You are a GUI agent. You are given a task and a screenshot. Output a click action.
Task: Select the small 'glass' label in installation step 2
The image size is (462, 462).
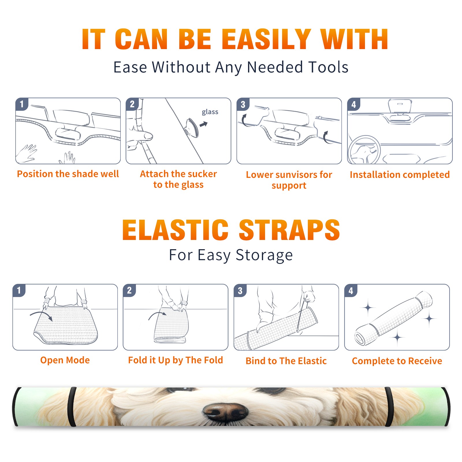[x=210, y=112]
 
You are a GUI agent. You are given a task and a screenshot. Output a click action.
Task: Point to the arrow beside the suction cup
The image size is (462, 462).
[x=204, y=124]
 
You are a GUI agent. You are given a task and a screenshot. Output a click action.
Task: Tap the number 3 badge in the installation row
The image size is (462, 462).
[x=243, y=104]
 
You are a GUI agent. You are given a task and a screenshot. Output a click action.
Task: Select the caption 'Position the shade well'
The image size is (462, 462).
[x=68, y=174]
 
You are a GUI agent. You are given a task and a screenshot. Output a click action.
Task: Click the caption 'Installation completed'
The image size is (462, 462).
[x=400, y=175]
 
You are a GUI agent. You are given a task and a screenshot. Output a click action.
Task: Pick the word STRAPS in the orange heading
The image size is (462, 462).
[x=289, y=230]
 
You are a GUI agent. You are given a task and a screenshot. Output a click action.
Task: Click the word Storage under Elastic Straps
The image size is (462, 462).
[x=264, y=255]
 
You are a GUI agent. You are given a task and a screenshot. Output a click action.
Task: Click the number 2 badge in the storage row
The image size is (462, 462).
[x=129, y=290]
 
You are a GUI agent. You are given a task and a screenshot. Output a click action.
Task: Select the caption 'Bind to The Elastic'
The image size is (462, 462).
[x=286, y=361]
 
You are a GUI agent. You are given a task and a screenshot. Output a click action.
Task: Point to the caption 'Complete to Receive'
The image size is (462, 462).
[x=397, y=361]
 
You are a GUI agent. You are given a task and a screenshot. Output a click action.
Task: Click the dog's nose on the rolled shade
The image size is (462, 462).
[x=225, y=410]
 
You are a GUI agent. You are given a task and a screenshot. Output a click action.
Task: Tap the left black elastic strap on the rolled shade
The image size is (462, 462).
[x=72, y=407]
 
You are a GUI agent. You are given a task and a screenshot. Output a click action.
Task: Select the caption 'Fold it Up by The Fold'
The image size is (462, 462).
[x=176, y=360]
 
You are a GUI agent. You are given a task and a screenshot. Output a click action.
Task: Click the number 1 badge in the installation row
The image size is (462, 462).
[x=22, y=104]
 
